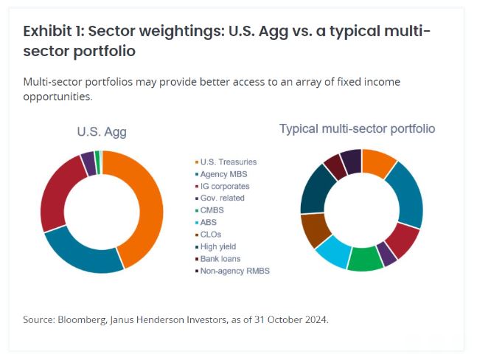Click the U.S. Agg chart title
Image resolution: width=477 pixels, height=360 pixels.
pos(102,132)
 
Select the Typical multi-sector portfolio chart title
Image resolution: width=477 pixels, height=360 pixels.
pos(357,128)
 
